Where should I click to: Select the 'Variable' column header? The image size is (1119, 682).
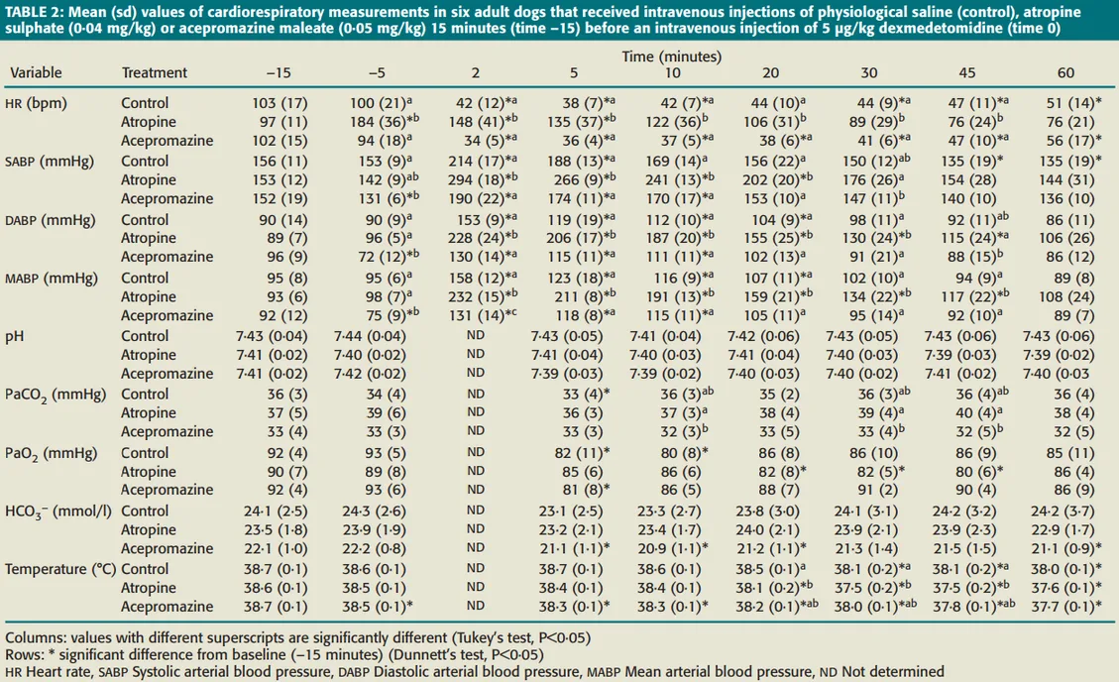tap(35, 73)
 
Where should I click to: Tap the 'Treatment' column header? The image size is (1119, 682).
tap(154, 73)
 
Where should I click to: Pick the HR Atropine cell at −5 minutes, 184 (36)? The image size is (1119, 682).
tap(378, 122)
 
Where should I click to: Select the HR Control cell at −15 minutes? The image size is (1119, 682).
tap(279, 103)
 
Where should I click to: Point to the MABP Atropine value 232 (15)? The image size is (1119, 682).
tap(475, 295)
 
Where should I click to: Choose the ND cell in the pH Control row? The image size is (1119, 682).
tap(475, 336)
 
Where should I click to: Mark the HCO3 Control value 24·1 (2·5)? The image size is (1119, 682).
tap(279, 511)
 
